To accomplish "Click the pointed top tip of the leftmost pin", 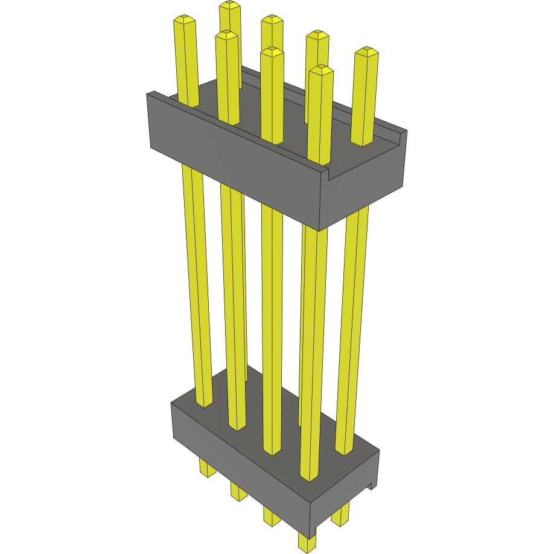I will click(184, 19).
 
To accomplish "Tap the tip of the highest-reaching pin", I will click(229, 5).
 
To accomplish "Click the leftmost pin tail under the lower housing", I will click(207, 468).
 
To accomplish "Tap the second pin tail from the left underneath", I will click(239, 491).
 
